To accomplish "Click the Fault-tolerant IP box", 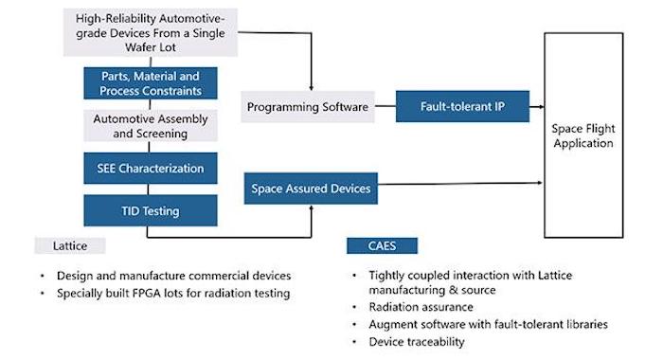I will (x=461, y=107).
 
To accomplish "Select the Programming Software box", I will (x=308, y=107).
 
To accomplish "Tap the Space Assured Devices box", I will (x=311, y=189).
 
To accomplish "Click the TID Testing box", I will (x=151, y=209).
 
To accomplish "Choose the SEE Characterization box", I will (x=151, y=168).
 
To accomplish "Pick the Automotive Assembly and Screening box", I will (x=151, y=127).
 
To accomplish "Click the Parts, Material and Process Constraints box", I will (x=151, y=83).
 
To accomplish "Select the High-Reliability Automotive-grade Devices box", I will (x=151, y=27).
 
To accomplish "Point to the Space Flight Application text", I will (x=582, y=135).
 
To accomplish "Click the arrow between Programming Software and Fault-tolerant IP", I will (x=385, y=107).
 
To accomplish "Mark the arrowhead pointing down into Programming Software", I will (x=311, y=85).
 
